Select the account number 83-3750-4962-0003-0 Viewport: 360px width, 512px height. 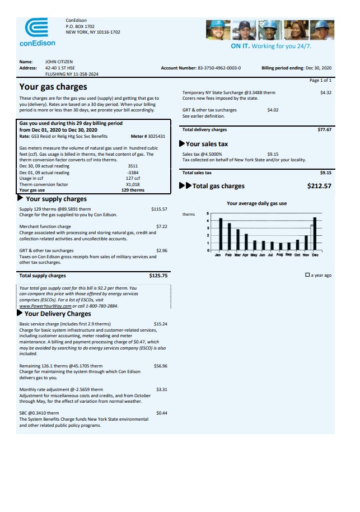219,68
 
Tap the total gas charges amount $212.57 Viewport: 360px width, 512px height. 319,186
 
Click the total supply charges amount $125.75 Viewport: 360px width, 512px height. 158,276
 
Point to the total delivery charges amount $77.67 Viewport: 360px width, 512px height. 324,129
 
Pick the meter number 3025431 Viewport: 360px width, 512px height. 156,136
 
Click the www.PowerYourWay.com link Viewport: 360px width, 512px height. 45,306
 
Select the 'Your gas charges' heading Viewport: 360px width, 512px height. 53,87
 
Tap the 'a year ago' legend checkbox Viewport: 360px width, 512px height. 307,275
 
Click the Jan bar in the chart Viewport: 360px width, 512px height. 221,234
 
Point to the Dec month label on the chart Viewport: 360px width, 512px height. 315,255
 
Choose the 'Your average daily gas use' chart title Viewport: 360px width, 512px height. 256,203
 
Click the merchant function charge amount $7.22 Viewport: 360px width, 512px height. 161,227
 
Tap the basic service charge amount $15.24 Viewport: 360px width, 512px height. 160,324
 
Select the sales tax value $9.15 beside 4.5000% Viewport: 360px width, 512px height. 273,154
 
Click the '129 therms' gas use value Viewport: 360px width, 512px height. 133,190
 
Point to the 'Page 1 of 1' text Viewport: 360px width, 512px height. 320,80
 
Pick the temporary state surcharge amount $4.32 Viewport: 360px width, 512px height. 325,92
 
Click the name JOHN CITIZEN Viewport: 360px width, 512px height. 59,62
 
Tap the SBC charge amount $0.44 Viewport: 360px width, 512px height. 161,413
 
